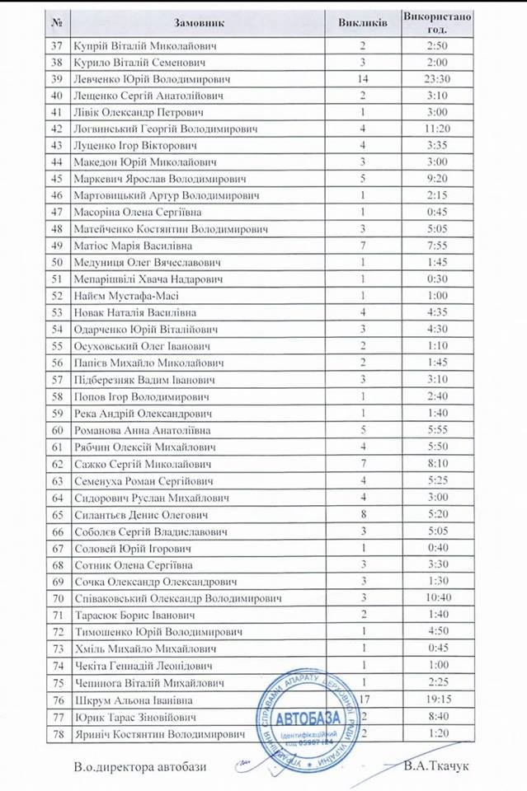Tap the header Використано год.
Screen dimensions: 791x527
437,22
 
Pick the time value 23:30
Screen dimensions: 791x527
437,79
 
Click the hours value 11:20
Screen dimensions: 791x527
437,129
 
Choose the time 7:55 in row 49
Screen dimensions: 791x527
437,246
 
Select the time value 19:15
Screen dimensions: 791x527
437,700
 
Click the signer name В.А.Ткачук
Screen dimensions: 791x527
437,766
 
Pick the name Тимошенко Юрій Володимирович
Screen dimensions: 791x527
158,631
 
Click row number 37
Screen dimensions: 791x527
57,45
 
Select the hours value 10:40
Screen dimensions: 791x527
437,597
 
